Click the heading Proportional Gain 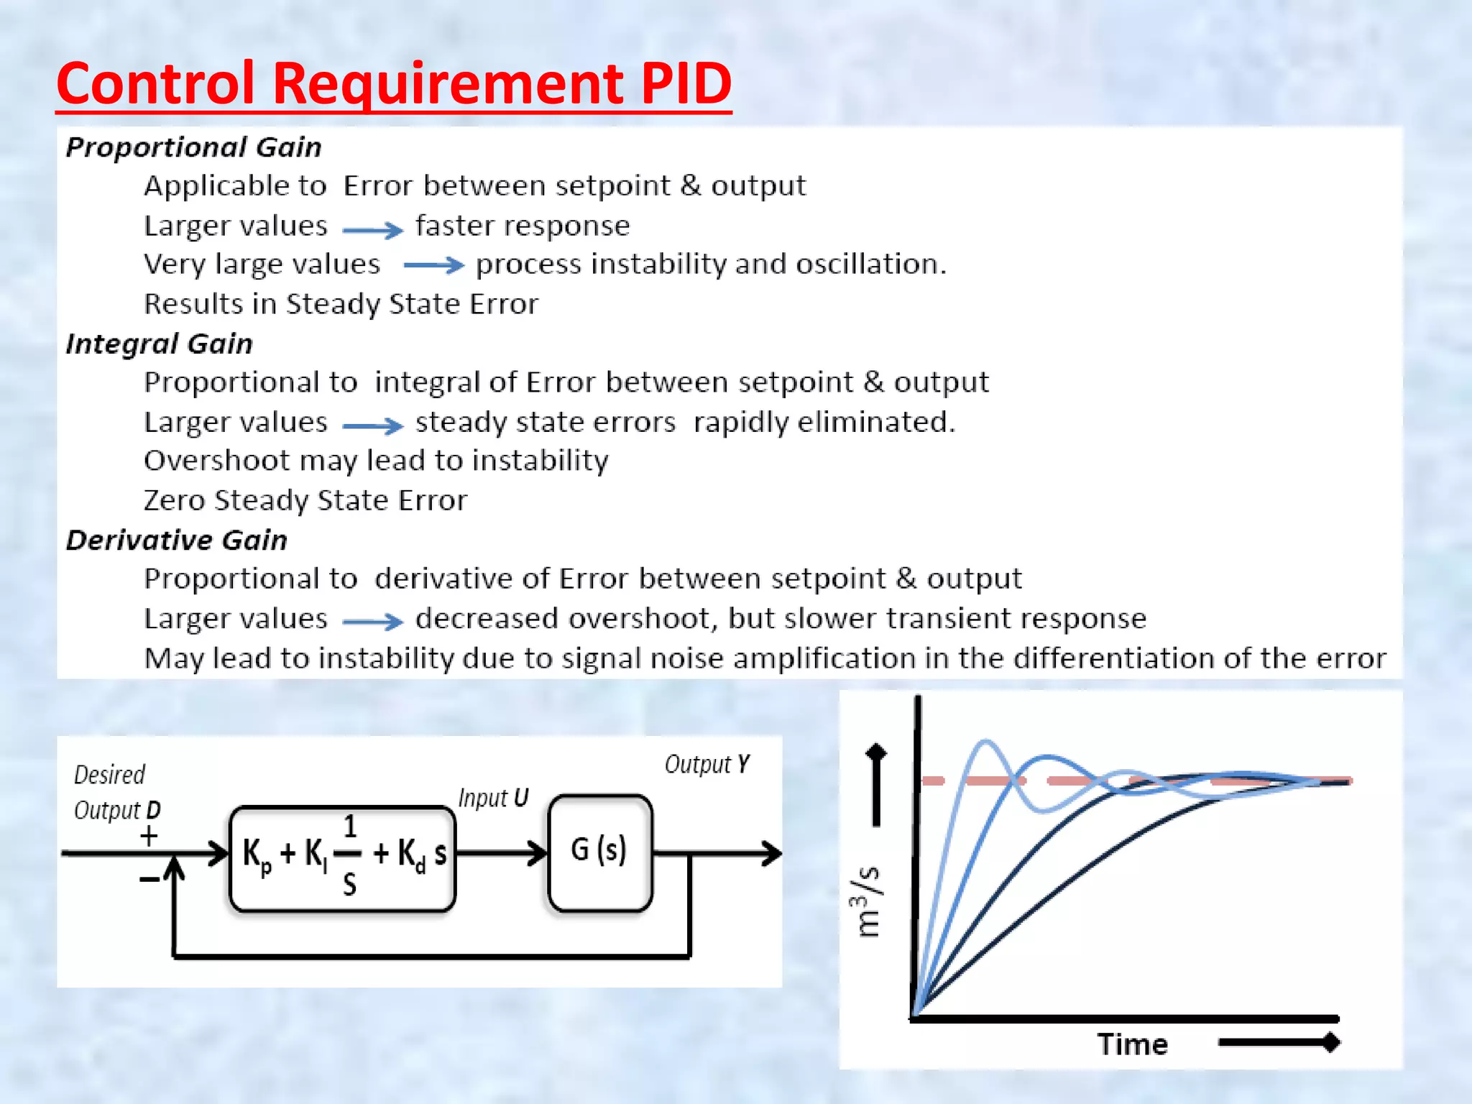click(x=193, y=147)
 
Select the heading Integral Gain click(x=160, y=344)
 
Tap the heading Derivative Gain click(x=177, y=540)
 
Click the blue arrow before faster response click(x=372, y=230)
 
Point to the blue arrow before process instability click(x=433, y=265)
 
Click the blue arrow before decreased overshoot click(x=372, y=622)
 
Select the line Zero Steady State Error click(x=305, y=500)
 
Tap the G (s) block click(x=599, y=852)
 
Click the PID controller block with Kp click(x=343, y=857)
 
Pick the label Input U click(x=493, y=798)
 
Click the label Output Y click(x=707, y=764)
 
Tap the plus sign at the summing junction click(x=149, y=836)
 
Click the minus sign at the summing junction click(x=149, y=879)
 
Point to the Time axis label click(x=1132, y=1044)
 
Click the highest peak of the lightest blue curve click(x=985, y=741)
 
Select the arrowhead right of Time click(x=1331, y=1041)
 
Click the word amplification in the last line click(x=825, y=658)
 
